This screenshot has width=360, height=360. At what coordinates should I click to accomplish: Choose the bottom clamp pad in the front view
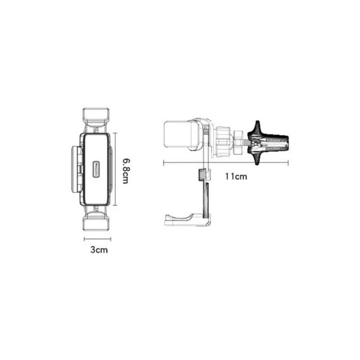click(96, 222)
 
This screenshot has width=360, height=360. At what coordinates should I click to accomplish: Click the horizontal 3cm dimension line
click(96, 238)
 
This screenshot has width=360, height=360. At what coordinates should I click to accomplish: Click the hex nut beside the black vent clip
click(238, 141)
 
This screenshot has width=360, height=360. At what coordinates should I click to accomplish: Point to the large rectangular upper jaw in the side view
click(180, 135)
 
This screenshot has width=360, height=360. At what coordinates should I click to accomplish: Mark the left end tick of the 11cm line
click(163, 162)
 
